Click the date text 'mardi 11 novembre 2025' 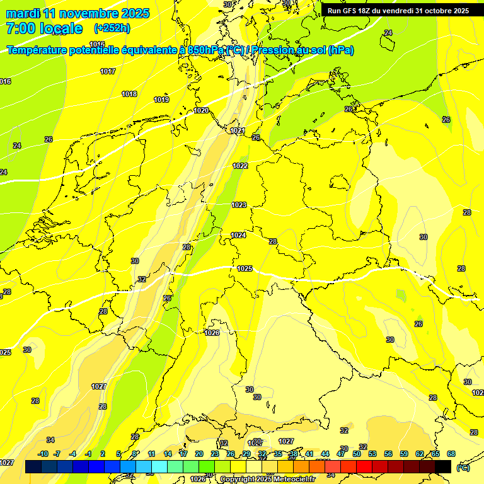(x=78, y=13)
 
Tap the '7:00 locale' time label (x=43, y=28)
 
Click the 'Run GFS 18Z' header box (x=398, y=11)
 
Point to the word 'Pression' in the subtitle (x=285, y=50)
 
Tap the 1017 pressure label (x=108, y=72)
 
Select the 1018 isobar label (x=129, y=95)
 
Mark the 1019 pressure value (x=161, y=100)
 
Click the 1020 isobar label (x=201, y=111)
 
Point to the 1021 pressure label (x=238, y=131)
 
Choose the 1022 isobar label (x=240, y=166)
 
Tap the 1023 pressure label (x=239, y=205)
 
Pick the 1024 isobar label (x=238, y=236)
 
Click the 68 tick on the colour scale (x=451, y=454)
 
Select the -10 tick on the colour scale (x=43, y=454)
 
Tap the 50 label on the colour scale (x=357, y=454)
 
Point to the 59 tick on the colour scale (x=404, y=454)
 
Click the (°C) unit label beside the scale (x=463, y=468)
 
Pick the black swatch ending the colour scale (x=443, y=466)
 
